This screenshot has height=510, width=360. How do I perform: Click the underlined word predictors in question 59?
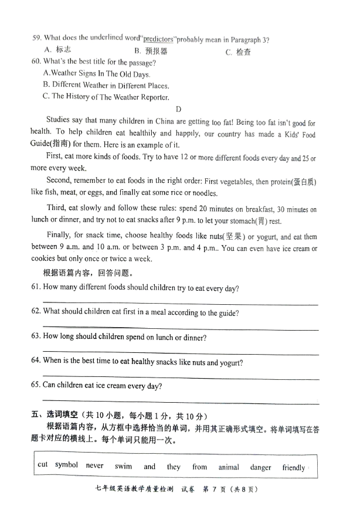point(158,39)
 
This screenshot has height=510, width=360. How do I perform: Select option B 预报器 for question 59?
point(151,51)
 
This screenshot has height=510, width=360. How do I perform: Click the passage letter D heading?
point(178,109)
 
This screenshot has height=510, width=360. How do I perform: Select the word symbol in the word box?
point(66,465)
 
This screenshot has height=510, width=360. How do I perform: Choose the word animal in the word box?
point(229,467)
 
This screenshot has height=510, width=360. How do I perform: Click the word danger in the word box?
point(260,467)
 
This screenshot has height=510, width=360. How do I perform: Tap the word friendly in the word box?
point(294,468)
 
